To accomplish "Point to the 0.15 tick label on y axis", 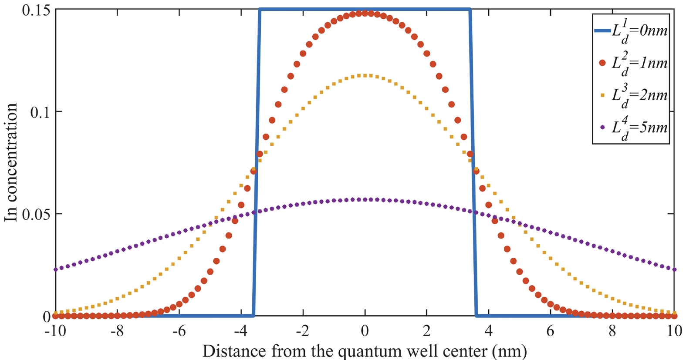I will pos(36,10).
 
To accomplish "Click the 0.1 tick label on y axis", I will pos(40,112).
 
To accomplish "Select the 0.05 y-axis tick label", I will pos(36,214).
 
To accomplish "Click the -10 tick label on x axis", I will pos(55,331).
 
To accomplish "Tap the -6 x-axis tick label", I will pos(179,331).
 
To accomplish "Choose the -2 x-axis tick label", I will pos(302,331).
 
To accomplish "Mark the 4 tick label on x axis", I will pos(489,331).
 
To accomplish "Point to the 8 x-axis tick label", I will pos(612,331).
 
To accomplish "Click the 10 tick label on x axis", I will pos(674,331).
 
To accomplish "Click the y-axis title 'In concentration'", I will pos(10,162).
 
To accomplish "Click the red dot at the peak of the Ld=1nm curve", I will pos(365,13).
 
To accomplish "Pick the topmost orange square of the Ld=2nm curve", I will pos(365,76).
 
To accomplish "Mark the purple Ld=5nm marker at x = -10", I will pos(55,269).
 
